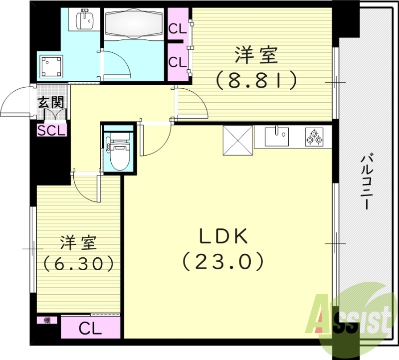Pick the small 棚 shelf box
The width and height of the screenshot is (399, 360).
pos(47,321)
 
